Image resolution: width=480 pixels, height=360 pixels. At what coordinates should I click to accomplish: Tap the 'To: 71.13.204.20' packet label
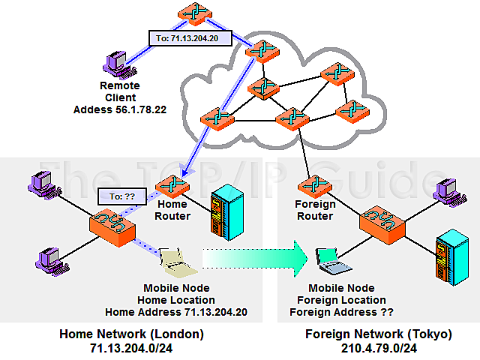click(x=187, y=38)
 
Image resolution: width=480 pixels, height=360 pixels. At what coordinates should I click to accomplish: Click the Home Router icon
click(x=171, y=184)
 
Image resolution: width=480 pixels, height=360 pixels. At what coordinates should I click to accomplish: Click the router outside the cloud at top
click(x=194, y=13)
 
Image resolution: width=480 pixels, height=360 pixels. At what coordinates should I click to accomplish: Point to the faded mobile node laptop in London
click(x=178, y=259)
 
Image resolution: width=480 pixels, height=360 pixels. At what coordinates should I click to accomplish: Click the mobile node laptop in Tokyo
click(x=331, y=259)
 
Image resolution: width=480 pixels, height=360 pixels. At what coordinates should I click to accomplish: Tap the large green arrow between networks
click(x=255, y=259)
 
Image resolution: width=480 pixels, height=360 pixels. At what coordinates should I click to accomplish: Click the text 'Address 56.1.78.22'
click(x=120, y=109)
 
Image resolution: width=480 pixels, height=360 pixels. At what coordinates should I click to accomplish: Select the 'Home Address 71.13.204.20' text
click(x=176, y=312)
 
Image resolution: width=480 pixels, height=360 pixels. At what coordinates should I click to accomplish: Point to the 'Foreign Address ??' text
click(x=342, y=312)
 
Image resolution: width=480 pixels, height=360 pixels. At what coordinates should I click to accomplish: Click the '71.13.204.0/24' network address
click(x=131, y=349)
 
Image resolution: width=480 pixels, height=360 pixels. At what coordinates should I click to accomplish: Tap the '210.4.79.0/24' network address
click(x=379, y=349)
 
